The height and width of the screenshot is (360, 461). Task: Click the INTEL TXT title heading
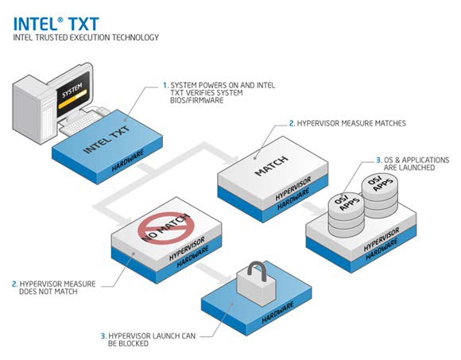click(x=56, y=24)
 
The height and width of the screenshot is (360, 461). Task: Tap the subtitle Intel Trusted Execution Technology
click(x=86, y=37)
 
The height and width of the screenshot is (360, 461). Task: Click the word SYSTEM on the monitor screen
click(x=72, y=91)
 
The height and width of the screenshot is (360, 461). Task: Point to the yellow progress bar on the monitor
click(x=72, y=99)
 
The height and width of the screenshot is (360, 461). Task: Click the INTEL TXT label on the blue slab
click(x=107, y=140)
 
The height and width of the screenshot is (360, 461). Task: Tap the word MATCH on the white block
click(x=271, y=166)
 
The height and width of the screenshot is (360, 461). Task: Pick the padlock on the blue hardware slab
click(x=257, y=285)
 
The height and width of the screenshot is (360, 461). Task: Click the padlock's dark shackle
click(x=258, y=269)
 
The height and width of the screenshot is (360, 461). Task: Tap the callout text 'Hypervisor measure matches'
click(x=347, y=123)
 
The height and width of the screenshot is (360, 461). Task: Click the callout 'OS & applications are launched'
click(x=413, y=164)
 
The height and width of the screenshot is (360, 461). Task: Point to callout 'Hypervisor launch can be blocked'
click(x=148, y=339)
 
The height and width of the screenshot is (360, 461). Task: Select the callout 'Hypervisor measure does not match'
click(x=54, y=288)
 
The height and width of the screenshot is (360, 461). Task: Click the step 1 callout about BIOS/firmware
click(x=219, y=92)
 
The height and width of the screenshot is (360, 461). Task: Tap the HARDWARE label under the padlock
click(x=277, y=312)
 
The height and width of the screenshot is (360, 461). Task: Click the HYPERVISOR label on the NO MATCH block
click(x=187, y=249)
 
